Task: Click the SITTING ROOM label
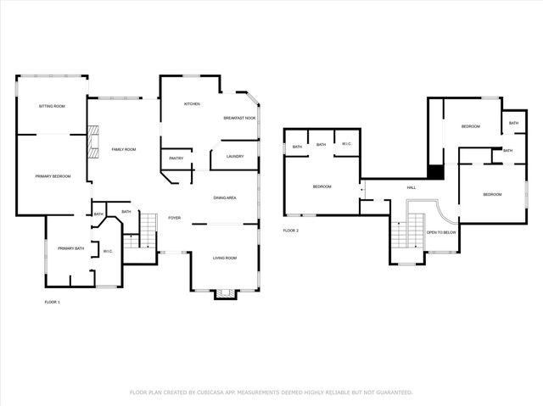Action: click(x=53, y=106)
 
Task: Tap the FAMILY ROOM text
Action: click(x=124, y=149)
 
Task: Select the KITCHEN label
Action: click(x=192, y=103)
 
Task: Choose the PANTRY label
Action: click(x=176, y=158)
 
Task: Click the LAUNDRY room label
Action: click(x=235, y=156)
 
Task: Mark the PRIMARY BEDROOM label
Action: click(x=53, y=175)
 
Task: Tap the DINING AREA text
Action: click(x=224, y=197)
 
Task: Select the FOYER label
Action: click(x=174, y=217)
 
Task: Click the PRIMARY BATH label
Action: click(x=71, y=248)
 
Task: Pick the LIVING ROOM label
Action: click(x=224, y=258)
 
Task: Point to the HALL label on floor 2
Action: click(x=411, y=187)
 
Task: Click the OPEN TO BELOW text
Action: click(x=441, y=231)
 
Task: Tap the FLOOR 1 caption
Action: click(x=53, y=302)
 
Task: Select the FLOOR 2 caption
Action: click(x=291, y=230)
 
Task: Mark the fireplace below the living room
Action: click(x=224, y=293)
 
